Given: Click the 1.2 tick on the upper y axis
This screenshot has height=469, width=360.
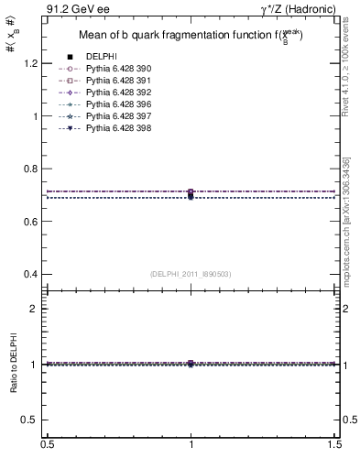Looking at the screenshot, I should tap(35, 63).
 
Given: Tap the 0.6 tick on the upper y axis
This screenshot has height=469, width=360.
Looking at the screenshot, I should tap(35, 222).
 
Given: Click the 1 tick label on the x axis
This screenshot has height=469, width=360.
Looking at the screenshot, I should tap(191, 444).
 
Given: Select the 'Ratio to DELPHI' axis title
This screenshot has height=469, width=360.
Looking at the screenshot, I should tap(14, 363).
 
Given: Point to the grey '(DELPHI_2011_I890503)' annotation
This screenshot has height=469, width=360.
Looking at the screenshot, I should tap(191, 273).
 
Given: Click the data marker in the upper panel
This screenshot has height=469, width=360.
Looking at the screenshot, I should tap(191, 193).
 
